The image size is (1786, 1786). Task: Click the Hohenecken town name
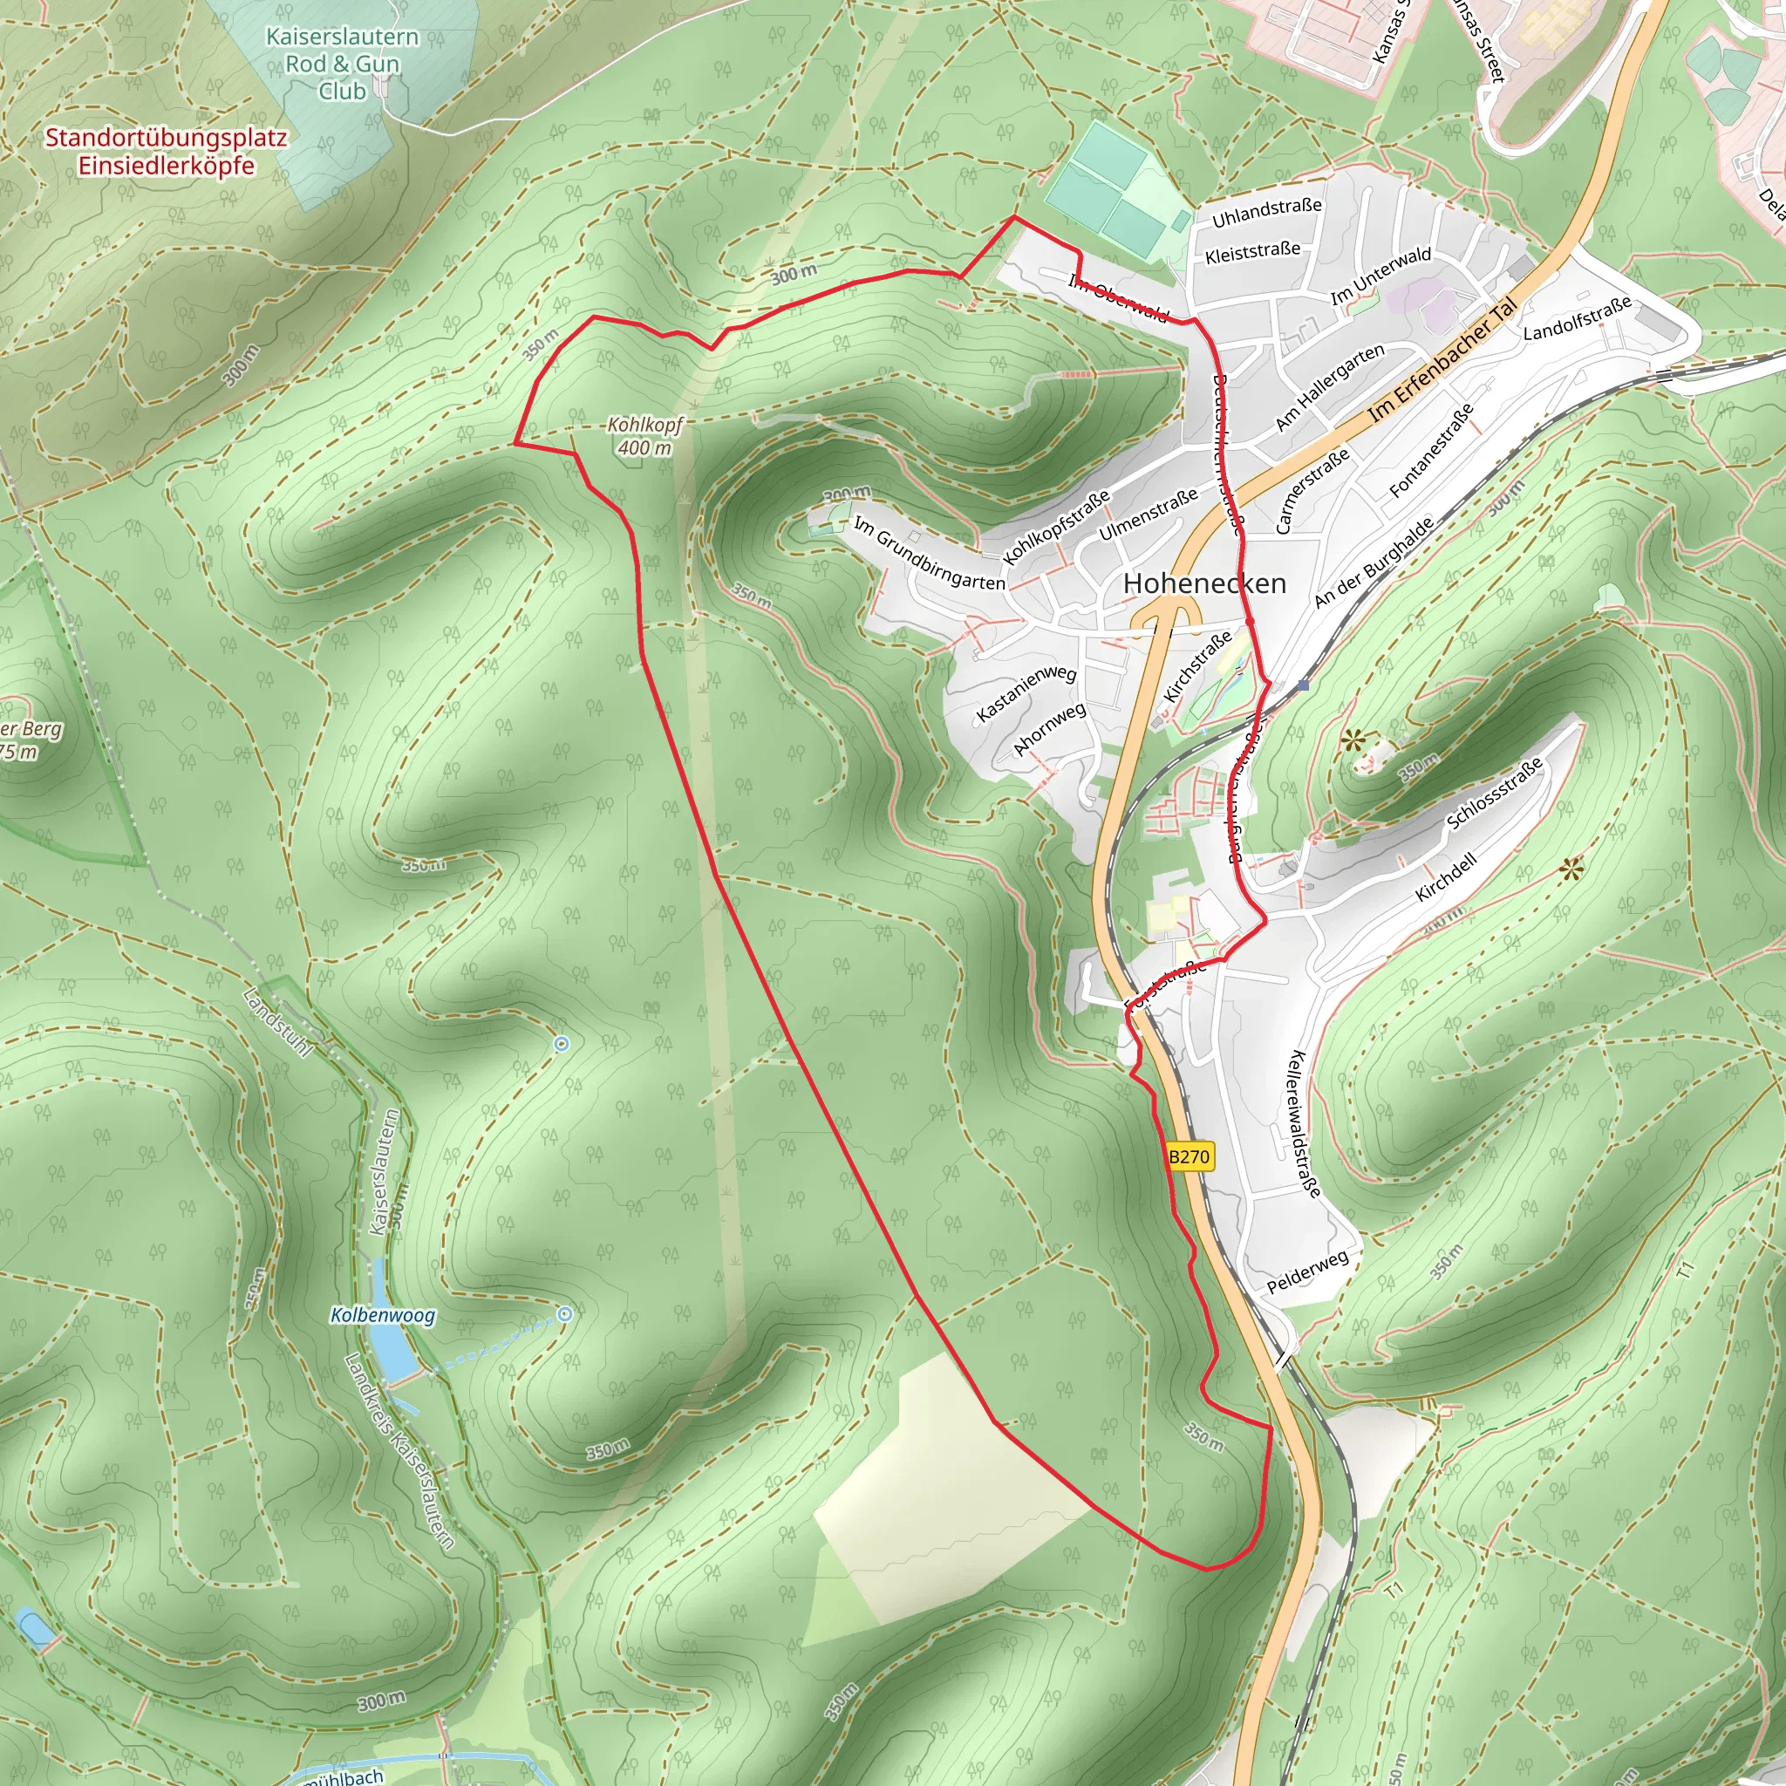click(x=1204, y=583)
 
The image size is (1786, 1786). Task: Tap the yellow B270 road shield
click(x=1189, y=1156)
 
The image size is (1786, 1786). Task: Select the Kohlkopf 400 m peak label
click(x=644, y=436)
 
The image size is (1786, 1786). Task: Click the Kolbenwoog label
click(x=383, y=1314)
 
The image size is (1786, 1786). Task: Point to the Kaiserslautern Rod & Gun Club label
click(x=342, y=64)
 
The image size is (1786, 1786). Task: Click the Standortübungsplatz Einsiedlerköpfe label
click(x=167, y=152)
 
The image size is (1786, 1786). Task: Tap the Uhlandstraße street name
click(x=1266, y=213)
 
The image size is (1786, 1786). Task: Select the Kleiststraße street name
click(x=1252, y=251)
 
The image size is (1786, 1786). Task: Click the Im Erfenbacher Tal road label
click(x=1446, y=359)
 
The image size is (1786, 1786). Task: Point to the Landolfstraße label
click(x=1577, y=318)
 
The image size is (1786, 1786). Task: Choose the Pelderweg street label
click(x=1307, y=1272)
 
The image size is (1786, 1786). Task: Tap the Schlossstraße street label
click(x=1495, y=794)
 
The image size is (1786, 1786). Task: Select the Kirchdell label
click(x=1446, y=877)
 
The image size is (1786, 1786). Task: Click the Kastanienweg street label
click(x=1026, y=693)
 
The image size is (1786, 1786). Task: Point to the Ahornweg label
click(x=1049, y=728)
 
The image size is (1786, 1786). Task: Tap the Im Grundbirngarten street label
click(x=928, y=554)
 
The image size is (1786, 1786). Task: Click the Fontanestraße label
click(x=1431, y=451)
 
